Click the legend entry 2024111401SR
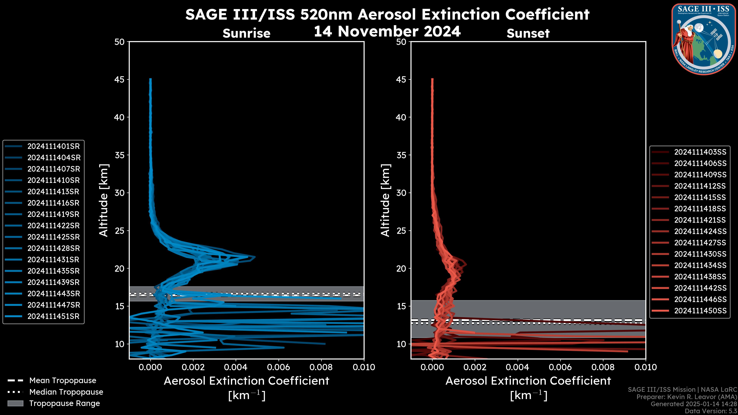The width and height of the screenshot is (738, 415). point(53,146)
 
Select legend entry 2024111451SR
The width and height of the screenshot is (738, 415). point(53,316)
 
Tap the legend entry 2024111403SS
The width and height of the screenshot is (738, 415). point(700,152)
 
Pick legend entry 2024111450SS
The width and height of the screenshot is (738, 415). point(700,311)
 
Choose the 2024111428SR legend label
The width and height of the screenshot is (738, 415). point(53,248)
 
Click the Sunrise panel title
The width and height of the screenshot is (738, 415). point(246,33)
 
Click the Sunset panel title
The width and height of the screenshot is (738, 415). point(528,33)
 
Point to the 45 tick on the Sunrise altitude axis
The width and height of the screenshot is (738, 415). point(120,80)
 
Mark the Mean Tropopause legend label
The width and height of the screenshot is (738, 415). point(63,381)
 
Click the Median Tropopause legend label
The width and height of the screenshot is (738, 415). point(66,392)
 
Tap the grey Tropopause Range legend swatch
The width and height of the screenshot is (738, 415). point(15,403)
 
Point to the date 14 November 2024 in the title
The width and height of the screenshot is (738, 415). point(387,32)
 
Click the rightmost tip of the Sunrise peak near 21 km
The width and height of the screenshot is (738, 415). point(255,257)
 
